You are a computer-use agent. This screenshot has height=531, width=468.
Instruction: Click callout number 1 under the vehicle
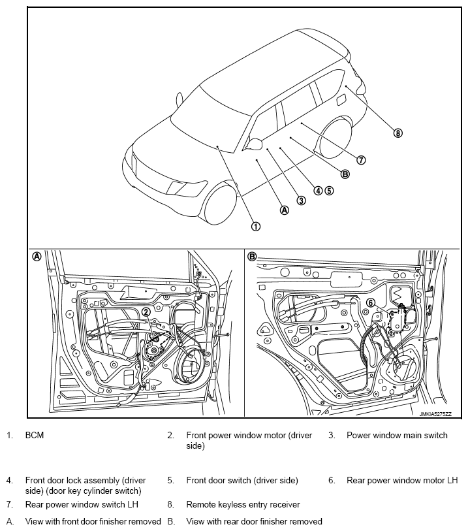(x=255, y=226)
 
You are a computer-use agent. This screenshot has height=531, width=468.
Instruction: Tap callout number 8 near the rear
(x=398, y=133)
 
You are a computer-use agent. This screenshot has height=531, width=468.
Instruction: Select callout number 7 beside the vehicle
(x=361, y=159)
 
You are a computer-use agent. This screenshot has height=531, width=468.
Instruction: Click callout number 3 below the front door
(x=301, y=201)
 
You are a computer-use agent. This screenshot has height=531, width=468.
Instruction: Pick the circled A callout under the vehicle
(x=284, y=210)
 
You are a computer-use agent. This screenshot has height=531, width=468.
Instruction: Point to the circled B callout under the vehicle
(x=345, y=174)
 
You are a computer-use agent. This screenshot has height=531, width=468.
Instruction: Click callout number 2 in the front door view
(x=146, y=312)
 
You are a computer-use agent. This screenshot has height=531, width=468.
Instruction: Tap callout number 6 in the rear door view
(x=370, y=302)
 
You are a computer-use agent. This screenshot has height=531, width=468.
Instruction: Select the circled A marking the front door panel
(x=37, y=257)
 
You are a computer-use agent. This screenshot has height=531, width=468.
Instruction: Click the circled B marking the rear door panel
(x=252, y=257)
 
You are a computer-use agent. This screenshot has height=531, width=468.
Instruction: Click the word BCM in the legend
(x=35, y=435)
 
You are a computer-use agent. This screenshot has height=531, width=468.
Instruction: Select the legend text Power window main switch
(x=397, y=435)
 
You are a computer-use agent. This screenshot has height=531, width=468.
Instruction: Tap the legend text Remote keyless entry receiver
(x=243, y=504)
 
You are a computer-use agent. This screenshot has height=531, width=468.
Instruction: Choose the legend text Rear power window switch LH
(x=82, y=504)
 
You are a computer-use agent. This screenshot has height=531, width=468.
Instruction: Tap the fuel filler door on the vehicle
(x=340, y=99)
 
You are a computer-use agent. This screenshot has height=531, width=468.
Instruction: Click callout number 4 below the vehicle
(x=318, y=191)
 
